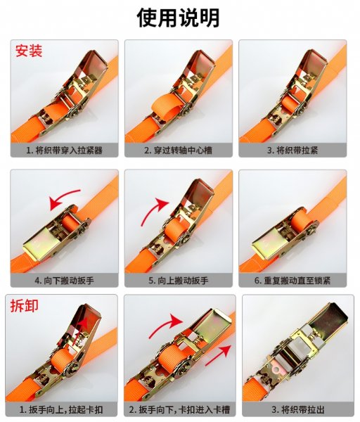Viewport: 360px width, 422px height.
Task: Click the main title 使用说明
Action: (178, 18)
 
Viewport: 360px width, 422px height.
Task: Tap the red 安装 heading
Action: (29, 51)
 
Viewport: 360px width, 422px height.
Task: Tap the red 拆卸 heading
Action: (24, 305)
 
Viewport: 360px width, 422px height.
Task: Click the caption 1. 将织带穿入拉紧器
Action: (64, 151)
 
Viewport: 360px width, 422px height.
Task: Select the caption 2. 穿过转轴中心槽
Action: (178, 151)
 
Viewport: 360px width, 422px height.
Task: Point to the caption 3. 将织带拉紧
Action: (292, 151)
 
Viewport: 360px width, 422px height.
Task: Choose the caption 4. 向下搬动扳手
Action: (64, 281)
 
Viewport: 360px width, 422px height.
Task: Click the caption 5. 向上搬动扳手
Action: (178, 281)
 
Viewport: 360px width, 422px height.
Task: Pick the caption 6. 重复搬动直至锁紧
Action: (292, 281)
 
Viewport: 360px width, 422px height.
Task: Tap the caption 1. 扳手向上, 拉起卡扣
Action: (61, 409)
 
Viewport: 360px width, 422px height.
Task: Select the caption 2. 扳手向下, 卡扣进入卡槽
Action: (179, 409)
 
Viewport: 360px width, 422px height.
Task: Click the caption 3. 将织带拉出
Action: (298, 409)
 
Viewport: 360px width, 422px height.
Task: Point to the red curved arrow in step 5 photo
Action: (151, 211)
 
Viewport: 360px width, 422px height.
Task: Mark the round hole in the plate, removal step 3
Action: (275, 371)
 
